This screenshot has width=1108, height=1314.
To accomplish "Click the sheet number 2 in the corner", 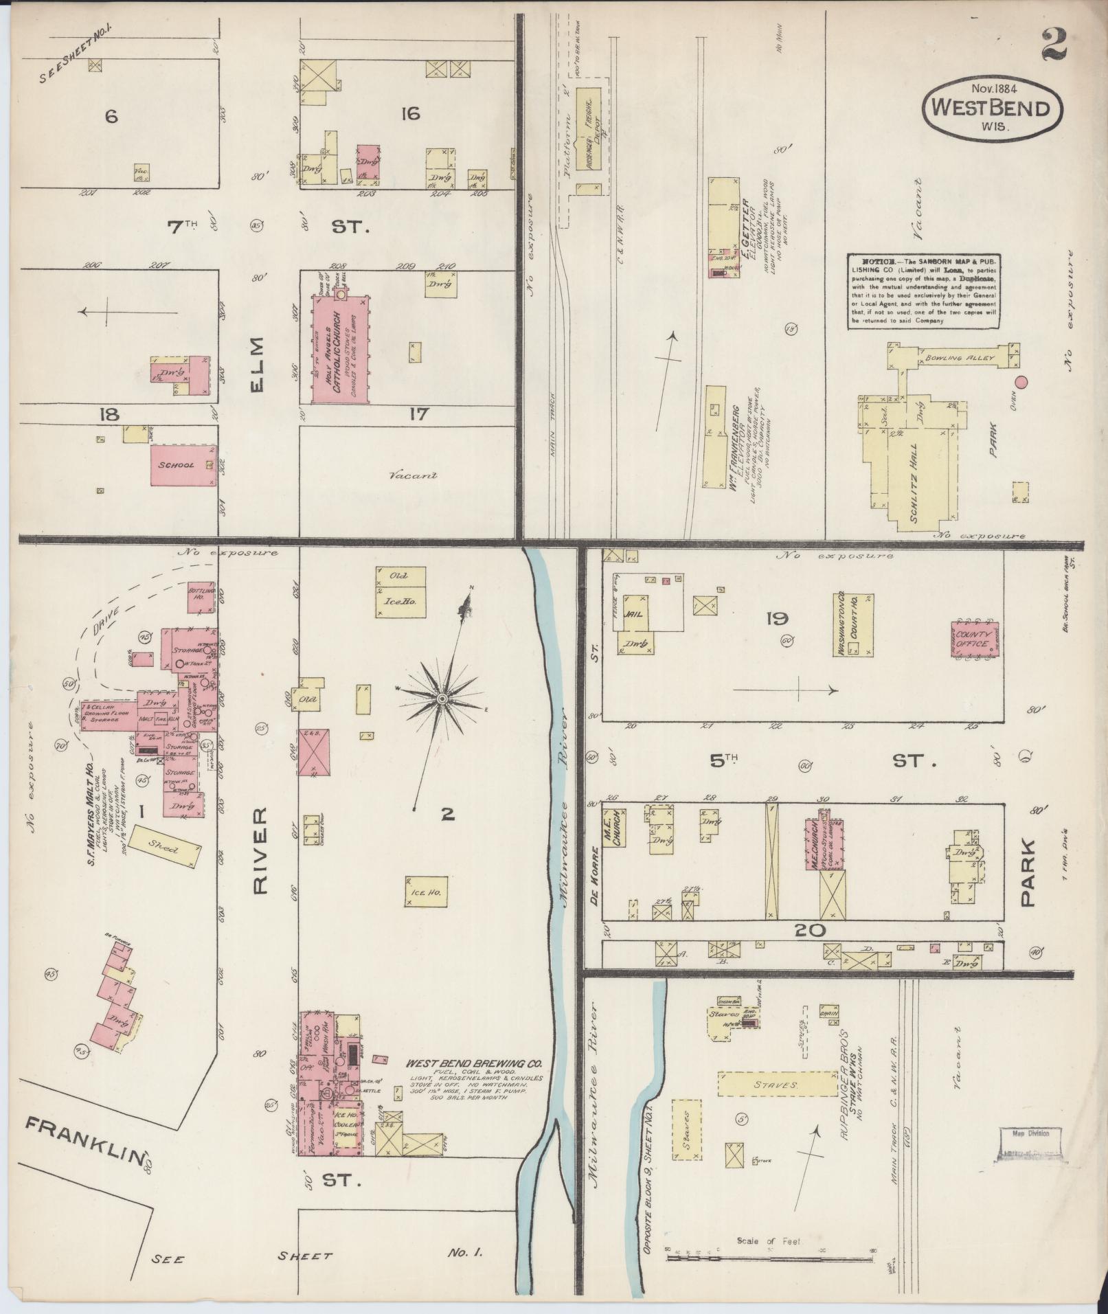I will (x=1052, y=45).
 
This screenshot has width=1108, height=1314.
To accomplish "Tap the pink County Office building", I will (x=974, y=640).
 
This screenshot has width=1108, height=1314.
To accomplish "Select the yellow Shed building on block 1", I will (x=165, y=849).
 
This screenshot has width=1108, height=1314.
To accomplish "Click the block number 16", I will (x=410, y=113).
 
